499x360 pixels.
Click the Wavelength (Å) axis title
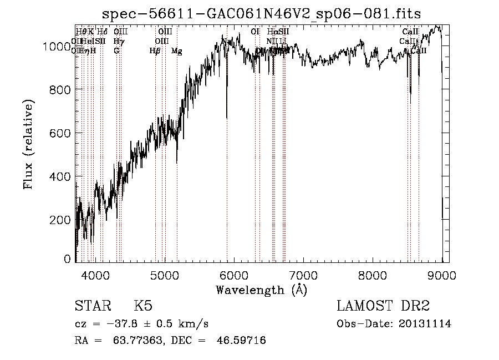(261, 290)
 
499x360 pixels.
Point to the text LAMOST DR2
(383, 306)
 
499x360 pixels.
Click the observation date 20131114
(425, 324)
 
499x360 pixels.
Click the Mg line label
(176, 51)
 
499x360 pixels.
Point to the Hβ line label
(155, 51)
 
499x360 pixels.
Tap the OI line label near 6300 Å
(255, 32)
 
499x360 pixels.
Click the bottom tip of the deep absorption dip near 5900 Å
(226, 118)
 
